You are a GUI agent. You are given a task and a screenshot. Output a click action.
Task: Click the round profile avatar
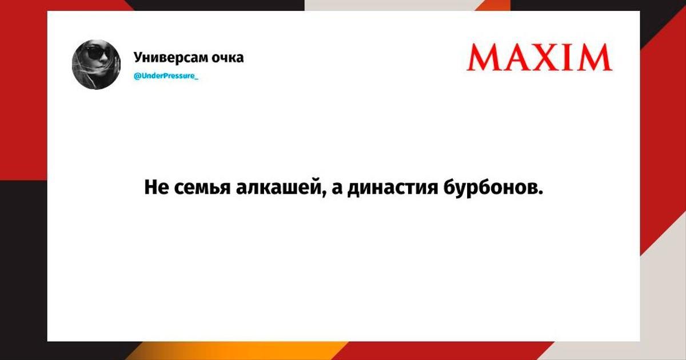pos(96,65)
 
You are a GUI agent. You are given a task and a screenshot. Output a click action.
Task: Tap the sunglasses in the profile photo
pos(97,53)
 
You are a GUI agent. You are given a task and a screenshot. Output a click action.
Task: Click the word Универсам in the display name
pos(170,58)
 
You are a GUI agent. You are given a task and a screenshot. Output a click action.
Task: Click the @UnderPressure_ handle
pos(166,75)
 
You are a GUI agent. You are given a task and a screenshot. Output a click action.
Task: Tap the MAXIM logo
pos(540,57)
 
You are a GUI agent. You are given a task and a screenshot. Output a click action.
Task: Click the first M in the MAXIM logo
pos(483,57)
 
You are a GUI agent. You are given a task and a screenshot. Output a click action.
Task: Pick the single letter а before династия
pos(337,189)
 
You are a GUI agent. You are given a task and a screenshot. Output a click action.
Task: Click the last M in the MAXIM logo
pos(596,57)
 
